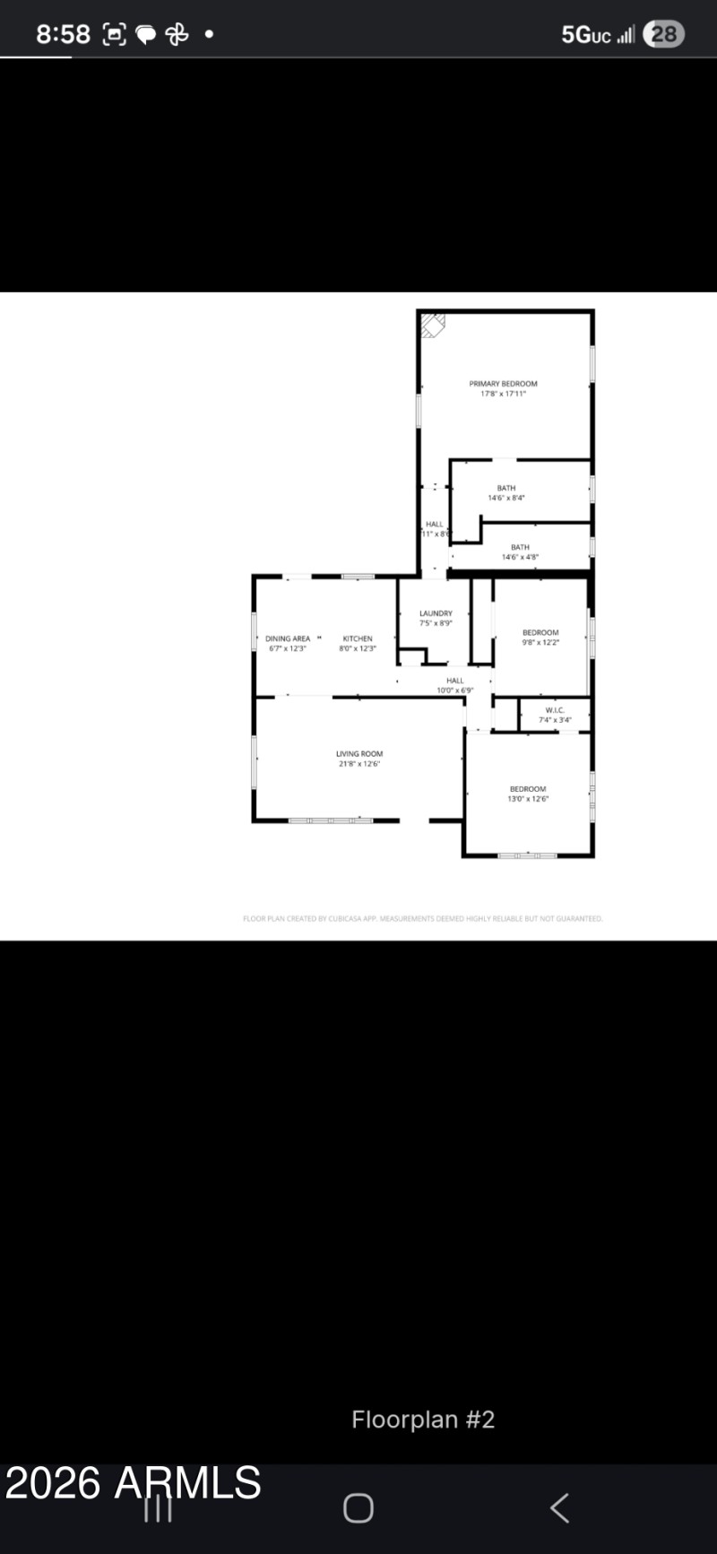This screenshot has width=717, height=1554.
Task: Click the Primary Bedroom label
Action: [x=503, y=384]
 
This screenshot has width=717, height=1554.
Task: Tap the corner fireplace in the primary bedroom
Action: [x=433, y=325]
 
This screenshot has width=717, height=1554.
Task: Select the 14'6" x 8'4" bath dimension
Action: [x=506, y=498]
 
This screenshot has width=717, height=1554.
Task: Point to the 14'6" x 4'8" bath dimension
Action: [x=520, y=557]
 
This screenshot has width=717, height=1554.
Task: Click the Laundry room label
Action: [x=436, y=613]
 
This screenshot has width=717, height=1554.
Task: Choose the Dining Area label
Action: [x=288, y=638]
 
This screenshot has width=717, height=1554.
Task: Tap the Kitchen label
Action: [x=357, y=638]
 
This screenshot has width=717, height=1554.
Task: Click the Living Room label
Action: [x=359, y=754]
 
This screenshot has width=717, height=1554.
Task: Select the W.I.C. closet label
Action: [x=555, y=710]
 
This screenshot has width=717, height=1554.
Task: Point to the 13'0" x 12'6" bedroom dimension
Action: [x=528, y=799]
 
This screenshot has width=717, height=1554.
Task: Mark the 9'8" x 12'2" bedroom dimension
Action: [x=540, y=642]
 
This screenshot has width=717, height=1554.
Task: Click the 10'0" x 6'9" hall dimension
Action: [x=454, y=690]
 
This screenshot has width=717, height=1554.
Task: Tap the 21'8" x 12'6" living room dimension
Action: [x=359, y=764]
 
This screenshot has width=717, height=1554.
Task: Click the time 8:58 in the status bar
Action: [x=63, y=34]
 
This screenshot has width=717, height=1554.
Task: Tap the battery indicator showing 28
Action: [x=663, y=34]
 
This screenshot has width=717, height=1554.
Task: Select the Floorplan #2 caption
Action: [x=423, y=1419]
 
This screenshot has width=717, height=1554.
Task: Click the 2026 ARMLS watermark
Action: [x=133, y=1483]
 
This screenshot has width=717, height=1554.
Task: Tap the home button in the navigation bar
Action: [x=358, y=1508]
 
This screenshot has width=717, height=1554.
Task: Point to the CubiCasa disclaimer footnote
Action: [x=423, y=918]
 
